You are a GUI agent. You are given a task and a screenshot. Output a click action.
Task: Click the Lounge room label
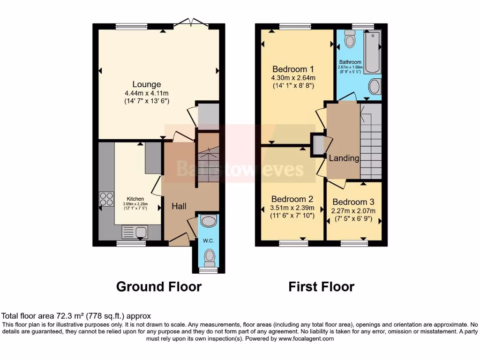(x=146, y=84)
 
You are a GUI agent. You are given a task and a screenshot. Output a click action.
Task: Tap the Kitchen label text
(x=135, y=198)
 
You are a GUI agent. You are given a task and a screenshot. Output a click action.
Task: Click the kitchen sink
(x=134, y=231)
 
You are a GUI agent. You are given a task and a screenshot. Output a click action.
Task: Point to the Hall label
(x=179, y=206)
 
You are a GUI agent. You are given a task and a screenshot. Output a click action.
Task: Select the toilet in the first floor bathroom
(x=349, y=40)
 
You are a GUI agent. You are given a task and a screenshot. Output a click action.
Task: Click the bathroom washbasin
(x=375, y=87)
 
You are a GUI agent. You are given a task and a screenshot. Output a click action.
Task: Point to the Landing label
(x=344, y=158)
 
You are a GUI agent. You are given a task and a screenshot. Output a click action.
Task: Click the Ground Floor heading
(x=158, y=286)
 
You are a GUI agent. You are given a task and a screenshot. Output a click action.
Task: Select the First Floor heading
(x=321, y=286)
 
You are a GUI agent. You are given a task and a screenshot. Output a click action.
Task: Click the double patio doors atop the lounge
(x=191, y=22)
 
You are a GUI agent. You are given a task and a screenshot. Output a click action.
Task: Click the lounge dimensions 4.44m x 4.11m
(x=146, y=93)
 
